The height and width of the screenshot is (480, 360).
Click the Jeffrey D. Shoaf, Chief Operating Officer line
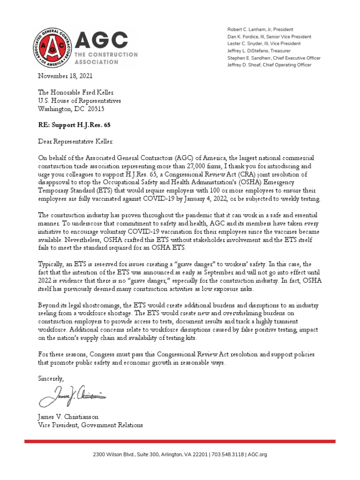tap(269, 65)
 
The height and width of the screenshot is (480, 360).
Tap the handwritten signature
tap(73, 396)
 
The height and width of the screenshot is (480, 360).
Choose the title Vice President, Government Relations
tap(90, 425)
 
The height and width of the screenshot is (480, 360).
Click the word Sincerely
tap(51, 378)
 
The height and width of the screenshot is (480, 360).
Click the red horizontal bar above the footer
tap(180, 441)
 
